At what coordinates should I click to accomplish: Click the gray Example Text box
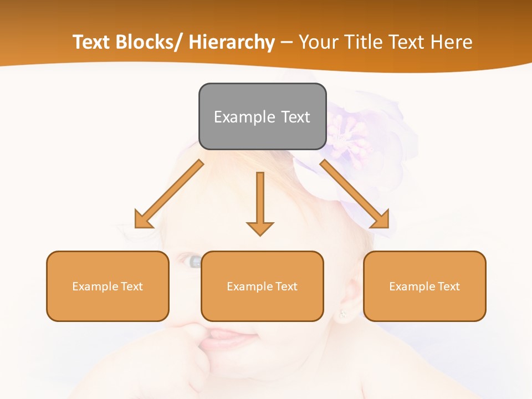(x=262, y=116)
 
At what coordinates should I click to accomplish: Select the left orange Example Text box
(x=108, y=286)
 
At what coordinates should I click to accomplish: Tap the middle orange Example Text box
(x=262, y=286)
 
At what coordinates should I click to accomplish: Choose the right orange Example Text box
(x=424, y=286)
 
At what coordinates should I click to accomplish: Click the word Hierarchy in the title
(x=232, y=42)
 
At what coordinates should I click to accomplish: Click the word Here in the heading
(x=452, y=42)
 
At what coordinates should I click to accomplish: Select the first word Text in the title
(x=91, y=42)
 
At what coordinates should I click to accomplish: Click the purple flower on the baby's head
(x=355, y=139)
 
